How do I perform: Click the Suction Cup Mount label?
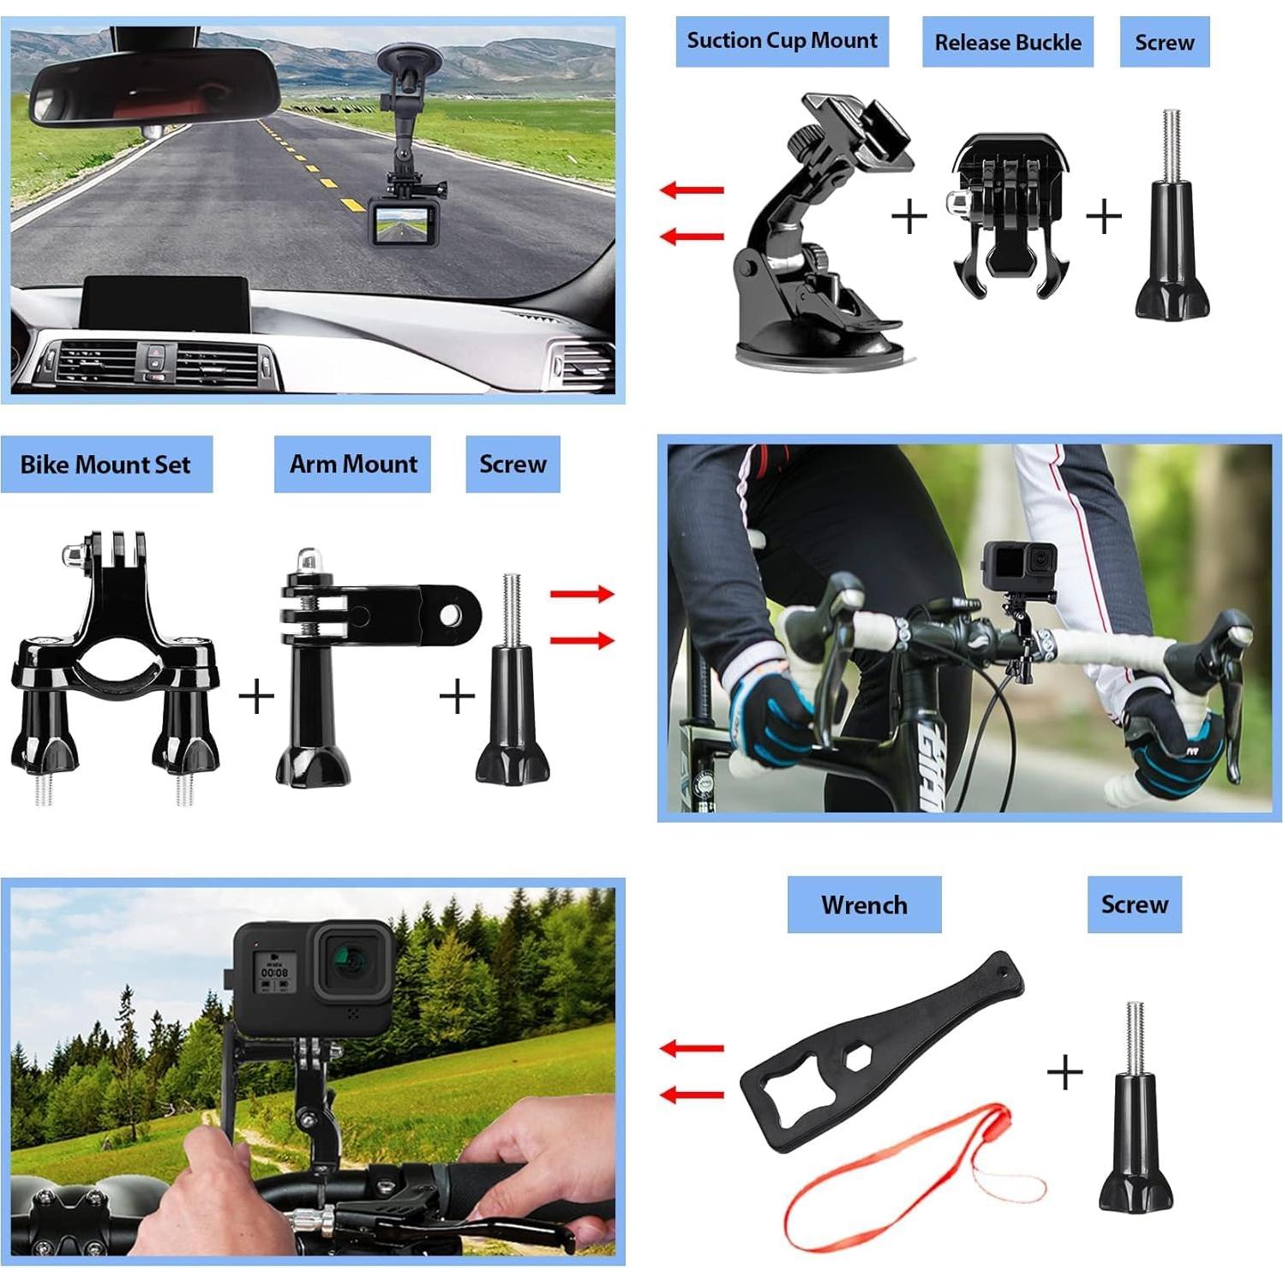click(782, 41)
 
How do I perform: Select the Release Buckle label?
click(1007, 43)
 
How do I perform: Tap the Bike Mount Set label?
click(105, 465)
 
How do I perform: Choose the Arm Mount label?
click(352, 465)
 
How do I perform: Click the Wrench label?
click(864, 905)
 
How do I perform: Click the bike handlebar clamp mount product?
click(116, 668)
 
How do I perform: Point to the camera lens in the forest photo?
click(351, 960)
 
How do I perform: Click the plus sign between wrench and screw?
click(1065, 1072)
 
